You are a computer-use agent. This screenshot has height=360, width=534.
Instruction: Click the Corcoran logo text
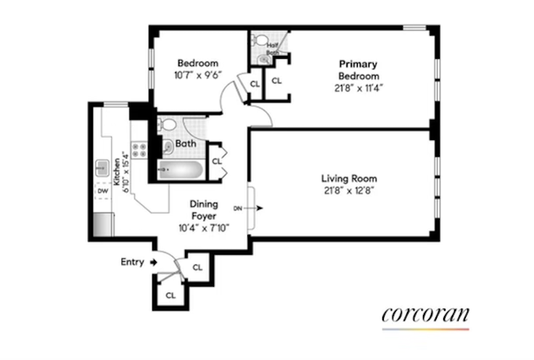pyautogui.click(x=425, y=314)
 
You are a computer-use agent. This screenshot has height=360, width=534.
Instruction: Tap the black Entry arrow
pyautogui.click(x=153, y=262)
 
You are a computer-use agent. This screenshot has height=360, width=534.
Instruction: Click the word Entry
pyautogui.click(x=133, y=262)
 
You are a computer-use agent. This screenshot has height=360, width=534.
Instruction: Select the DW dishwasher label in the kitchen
pyautogui.click(x=102, y=192)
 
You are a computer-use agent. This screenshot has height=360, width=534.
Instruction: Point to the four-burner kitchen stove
pyautogui.click(x=139, y=151)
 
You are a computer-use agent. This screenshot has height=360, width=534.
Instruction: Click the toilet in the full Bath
pyautogui.click(x=166, y=125)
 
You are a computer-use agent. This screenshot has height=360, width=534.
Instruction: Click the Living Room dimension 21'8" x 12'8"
pyautogui.click(x=350, y=191)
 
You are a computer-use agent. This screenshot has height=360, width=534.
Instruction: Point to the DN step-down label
pyautogui.click(x=238, y=208)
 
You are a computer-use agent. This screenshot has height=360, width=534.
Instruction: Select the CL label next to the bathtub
pyautogui.click(x=216, y=161)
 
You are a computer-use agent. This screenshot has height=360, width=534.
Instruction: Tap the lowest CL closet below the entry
pyautogui.click(x=171, y=295)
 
